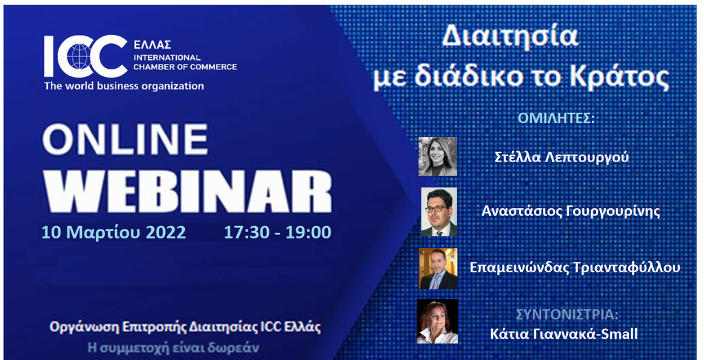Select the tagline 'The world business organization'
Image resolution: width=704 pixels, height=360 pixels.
click(x=124, y=86)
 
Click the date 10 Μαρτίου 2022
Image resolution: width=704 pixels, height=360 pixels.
click(x=113, y=232)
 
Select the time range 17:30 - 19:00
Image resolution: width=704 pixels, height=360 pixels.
click(x=278, y=232)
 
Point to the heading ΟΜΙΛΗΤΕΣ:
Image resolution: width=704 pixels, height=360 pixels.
click(x=555, y=118)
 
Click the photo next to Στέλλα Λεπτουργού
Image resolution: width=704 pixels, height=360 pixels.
click(x=438, y=156)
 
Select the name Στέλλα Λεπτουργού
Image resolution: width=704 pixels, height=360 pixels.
click(x=562, y=157)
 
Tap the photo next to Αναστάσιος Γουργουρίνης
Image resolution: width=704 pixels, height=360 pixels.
click(x=439, y=212)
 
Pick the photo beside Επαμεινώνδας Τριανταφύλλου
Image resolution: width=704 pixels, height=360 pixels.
click(x=438, y=269)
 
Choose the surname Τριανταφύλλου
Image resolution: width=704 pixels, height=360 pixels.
click(x=627, y=267)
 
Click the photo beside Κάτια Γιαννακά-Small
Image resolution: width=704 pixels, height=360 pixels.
click(x=437, y=322)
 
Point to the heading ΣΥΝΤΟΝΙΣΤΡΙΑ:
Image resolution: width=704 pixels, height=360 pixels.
click(x=567, y=314)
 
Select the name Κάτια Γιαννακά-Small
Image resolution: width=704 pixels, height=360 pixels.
click(x=564, y=335)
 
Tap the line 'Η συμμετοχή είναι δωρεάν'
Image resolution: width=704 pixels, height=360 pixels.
click(x=173, y=348)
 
